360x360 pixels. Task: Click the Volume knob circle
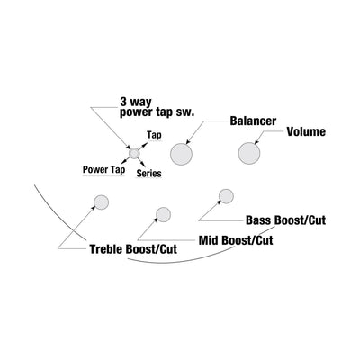tap(249, 153)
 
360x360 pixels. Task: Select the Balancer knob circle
tap(181, 154)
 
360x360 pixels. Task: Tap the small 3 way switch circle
tap(134, 153)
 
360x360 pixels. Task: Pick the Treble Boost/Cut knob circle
tap(102, 202)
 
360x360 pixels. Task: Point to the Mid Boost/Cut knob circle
tap(164, 214)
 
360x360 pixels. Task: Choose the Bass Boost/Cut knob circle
tap(226, 196)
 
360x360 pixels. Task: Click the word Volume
tap(306, 131)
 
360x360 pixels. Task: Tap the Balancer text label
tap(253, 121)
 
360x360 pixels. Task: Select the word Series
tap(148, 174)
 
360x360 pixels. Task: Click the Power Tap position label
tap(103, 170)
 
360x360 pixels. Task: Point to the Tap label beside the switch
tap(154, 135)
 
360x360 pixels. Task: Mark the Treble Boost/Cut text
tap(133, 249)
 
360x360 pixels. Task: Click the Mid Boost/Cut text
tap(236, 240)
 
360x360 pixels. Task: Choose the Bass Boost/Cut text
tap(285, 220)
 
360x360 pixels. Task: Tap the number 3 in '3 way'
tap(123, 102)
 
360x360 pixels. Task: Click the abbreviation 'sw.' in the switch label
tap(187, 113)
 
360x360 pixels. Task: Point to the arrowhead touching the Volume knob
tap(256, 142)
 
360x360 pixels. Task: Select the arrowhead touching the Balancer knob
tap(188, 141)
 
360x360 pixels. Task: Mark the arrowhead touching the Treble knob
tap(93, 208)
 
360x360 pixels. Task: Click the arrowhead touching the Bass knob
tap(219, 202)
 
